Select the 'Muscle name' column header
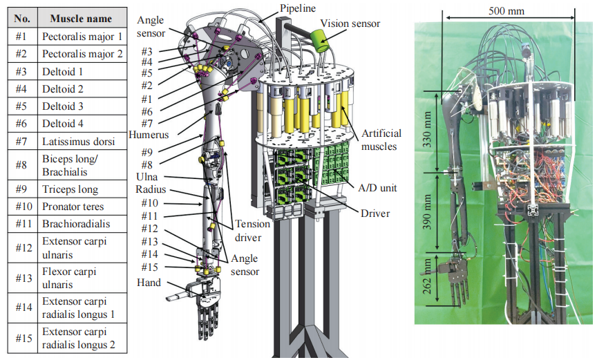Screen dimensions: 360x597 (82, 18)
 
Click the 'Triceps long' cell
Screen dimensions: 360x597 (70, 189)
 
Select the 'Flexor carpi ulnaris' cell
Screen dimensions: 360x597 (69, 278)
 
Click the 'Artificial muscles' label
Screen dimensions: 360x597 (380, 139)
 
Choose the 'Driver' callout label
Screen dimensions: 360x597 (375, 214)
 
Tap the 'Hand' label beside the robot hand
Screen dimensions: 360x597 (149, 282)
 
